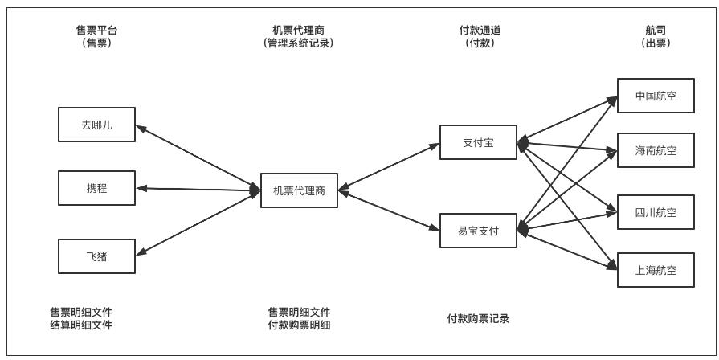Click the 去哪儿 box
(96, 125)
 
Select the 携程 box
(96, 188)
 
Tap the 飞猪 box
(96, 256)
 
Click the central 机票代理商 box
(299, 190)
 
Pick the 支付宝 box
(478, 142)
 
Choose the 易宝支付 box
(478, 231)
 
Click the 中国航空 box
(655, 95)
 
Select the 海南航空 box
(655, 150)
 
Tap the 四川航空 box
(655, 212)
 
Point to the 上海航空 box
(655, 270)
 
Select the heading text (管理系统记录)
(298, 43)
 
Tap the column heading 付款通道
(480, 31)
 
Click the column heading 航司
(655, 31)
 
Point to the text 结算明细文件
(81, 325)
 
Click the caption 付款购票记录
(478, 318)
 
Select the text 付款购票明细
(299, 325)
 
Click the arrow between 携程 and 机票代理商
(198, 190)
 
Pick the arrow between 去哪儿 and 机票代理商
(198, 157)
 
